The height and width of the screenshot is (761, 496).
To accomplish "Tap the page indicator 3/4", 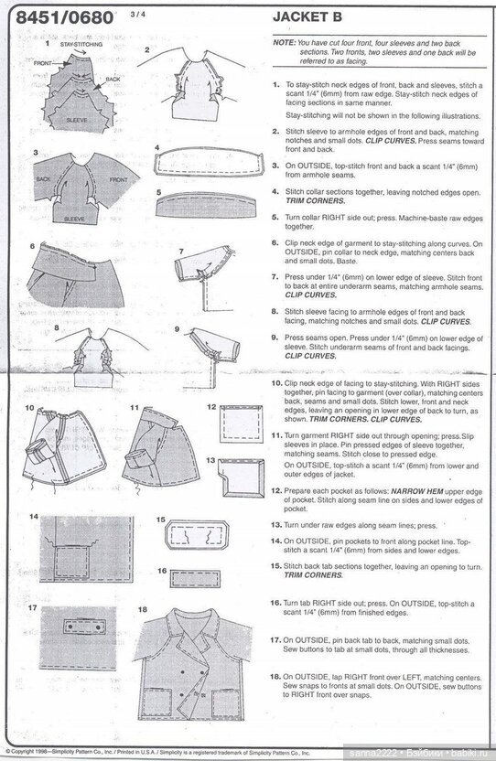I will click(139, 14).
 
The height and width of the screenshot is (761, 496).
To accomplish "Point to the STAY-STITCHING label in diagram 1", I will click(80, 43).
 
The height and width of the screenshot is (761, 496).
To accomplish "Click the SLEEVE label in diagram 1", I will click(77, 119).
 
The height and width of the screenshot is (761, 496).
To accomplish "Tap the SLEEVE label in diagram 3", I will click(74, 220).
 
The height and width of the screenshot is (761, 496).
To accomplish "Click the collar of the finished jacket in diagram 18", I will click(193, 627).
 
